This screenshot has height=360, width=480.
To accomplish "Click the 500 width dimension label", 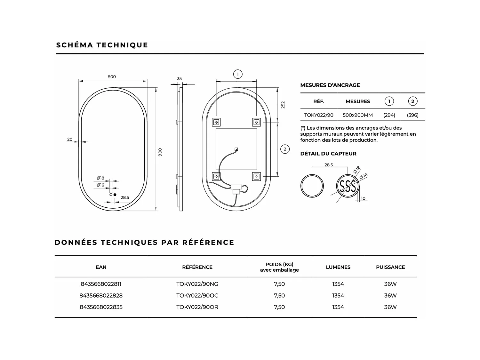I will (112, 77).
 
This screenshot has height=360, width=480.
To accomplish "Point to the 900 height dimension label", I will (160, 152).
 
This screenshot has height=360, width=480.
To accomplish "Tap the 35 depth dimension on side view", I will (179, 78).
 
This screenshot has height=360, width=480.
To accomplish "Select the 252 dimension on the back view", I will (283, 105).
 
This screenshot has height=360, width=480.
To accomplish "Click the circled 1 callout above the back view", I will (237, 74).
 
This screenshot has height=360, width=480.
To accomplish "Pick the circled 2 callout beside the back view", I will (285, 149).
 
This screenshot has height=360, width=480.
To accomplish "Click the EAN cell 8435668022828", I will (101, 295).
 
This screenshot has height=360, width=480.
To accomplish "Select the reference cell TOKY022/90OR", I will (197, 307).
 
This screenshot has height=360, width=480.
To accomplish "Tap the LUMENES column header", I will (338, 267).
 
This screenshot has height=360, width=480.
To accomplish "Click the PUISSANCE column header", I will (390, 267).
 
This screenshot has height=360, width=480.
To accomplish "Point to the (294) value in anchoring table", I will (389, 115).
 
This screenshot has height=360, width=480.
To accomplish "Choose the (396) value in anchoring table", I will (412, 115).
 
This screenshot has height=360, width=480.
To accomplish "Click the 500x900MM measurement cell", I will (358, 115).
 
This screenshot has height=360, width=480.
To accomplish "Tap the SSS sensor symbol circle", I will (348, 186).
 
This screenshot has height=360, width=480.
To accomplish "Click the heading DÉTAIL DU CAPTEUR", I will (328, 154).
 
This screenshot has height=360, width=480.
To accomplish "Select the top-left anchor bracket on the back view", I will (216, 122).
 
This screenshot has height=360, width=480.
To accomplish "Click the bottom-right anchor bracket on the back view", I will (256, 176).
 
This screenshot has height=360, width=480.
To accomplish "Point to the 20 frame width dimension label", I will (70, 140).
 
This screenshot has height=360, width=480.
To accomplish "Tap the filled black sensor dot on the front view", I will (115, 195).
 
